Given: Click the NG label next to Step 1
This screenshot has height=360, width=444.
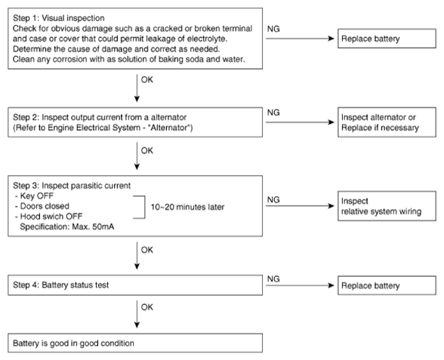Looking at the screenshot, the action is point(273,29).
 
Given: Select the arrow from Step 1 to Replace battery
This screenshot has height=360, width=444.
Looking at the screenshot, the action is point(300,38).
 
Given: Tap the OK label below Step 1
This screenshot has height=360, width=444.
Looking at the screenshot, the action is point(147,80).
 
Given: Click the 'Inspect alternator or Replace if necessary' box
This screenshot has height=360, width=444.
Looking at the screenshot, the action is point(387,122).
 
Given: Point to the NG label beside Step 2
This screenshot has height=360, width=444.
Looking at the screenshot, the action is point(273,112).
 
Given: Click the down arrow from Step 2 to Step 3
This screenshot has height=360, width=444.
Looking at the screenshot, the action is point(137,156).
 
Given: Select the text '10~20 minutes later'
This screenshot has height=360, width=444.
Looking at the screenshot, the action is point(187,207).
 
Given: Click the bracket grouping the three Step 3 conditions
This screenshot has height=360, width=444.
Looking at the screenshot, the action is point(145,207).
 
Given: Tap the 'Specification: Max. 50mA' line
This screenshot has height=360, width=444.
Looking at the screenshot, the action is point(67,226).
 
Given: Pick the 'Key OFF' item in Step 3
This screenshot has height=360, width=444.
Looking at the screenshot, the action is point(35,196).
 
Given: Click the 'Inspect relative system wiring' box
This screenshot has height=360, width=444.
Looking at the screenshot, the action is point(387,206).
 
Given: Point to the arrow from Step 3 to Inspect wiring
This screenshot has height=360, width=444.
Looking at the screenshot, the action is point(300,206).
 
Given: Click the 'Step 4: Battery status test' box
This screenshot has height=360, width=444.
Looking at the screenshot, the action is point(135,285).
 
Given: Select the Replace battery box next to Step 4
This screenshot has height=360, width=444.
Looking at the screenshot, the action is point(387,285).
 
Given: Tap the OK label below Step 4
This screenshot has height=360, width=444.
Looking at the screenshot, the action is point(147,307).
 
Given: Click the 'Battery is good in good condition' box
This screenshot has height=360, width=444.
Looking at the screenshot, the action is point(135,343).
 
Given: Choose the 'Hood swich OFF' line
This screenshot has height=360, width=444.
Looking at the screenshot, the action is point(48,217).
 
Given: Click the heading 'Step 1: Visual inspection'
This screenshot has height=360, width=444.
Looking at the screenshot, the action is point(59,18).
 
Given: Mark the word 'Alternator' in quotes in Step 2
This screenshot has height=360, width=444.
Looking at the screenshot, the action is point(169,128).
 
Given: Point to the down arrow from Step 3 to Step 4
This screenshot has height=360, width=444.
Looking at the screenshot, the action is point(137,256).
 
